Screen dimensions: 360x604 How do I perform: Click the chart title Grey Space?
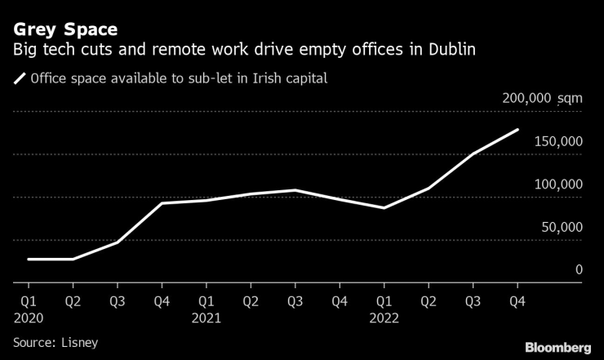[65, 29]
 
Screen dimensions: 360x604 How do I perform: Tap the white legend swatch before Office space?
[19, 79]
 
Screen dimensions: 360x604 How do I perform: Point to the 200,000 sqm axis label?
[542, 98]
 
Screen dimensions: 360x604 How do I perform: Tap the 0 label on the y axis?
[579, 269]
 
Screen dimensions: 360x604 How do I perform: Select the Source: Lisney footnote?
[56, 342]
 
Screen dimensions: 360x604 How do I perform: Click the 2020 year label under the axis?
[28, 317]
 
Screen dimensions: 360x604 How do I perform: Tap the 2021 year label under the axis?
[206, 317]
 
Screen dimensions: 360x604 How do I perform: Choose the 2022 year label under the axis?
[384, 317]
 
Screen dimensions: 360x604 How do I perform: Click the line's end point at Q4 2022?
[517, 130]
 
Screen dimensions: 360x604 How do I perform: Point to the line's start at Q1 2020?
[29, 259]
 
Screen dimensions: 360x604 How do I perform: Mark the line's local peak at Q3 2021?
[295, 190]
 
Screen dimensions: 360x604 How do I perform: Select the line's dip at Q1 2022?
[384, 208]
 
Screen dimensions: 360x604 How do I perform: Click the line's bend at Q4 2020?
[162, 203]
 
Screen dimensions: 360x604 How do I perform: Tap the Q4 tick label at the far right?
[517, 300]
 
